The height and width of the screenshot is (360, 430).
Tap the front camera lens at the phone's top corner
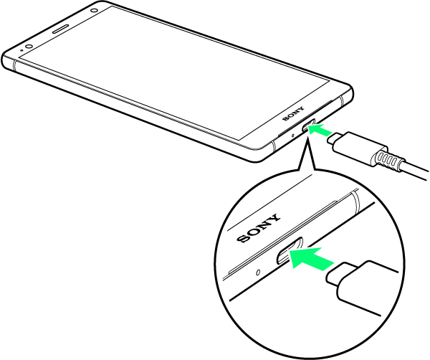(x=95, y=11)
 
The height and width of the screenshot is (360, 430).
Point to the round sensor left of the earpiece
(x=29, y=46)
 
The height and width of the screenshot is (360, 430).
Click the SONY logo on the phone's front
(x=293, y=114)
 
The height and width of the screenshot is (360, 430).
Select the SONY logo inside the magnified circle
(x=259, y=228)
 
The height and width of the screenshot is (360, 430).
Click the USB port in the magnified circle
(x=290, y=250)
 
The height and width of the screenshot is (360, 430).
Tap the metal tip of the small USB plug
(x=334, y=138)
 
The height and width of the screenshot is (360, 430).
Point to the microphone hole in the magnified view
(x=258, y=273)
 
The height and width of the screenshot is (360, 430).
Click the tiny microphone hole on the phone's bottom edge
(x=292, y=136)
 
